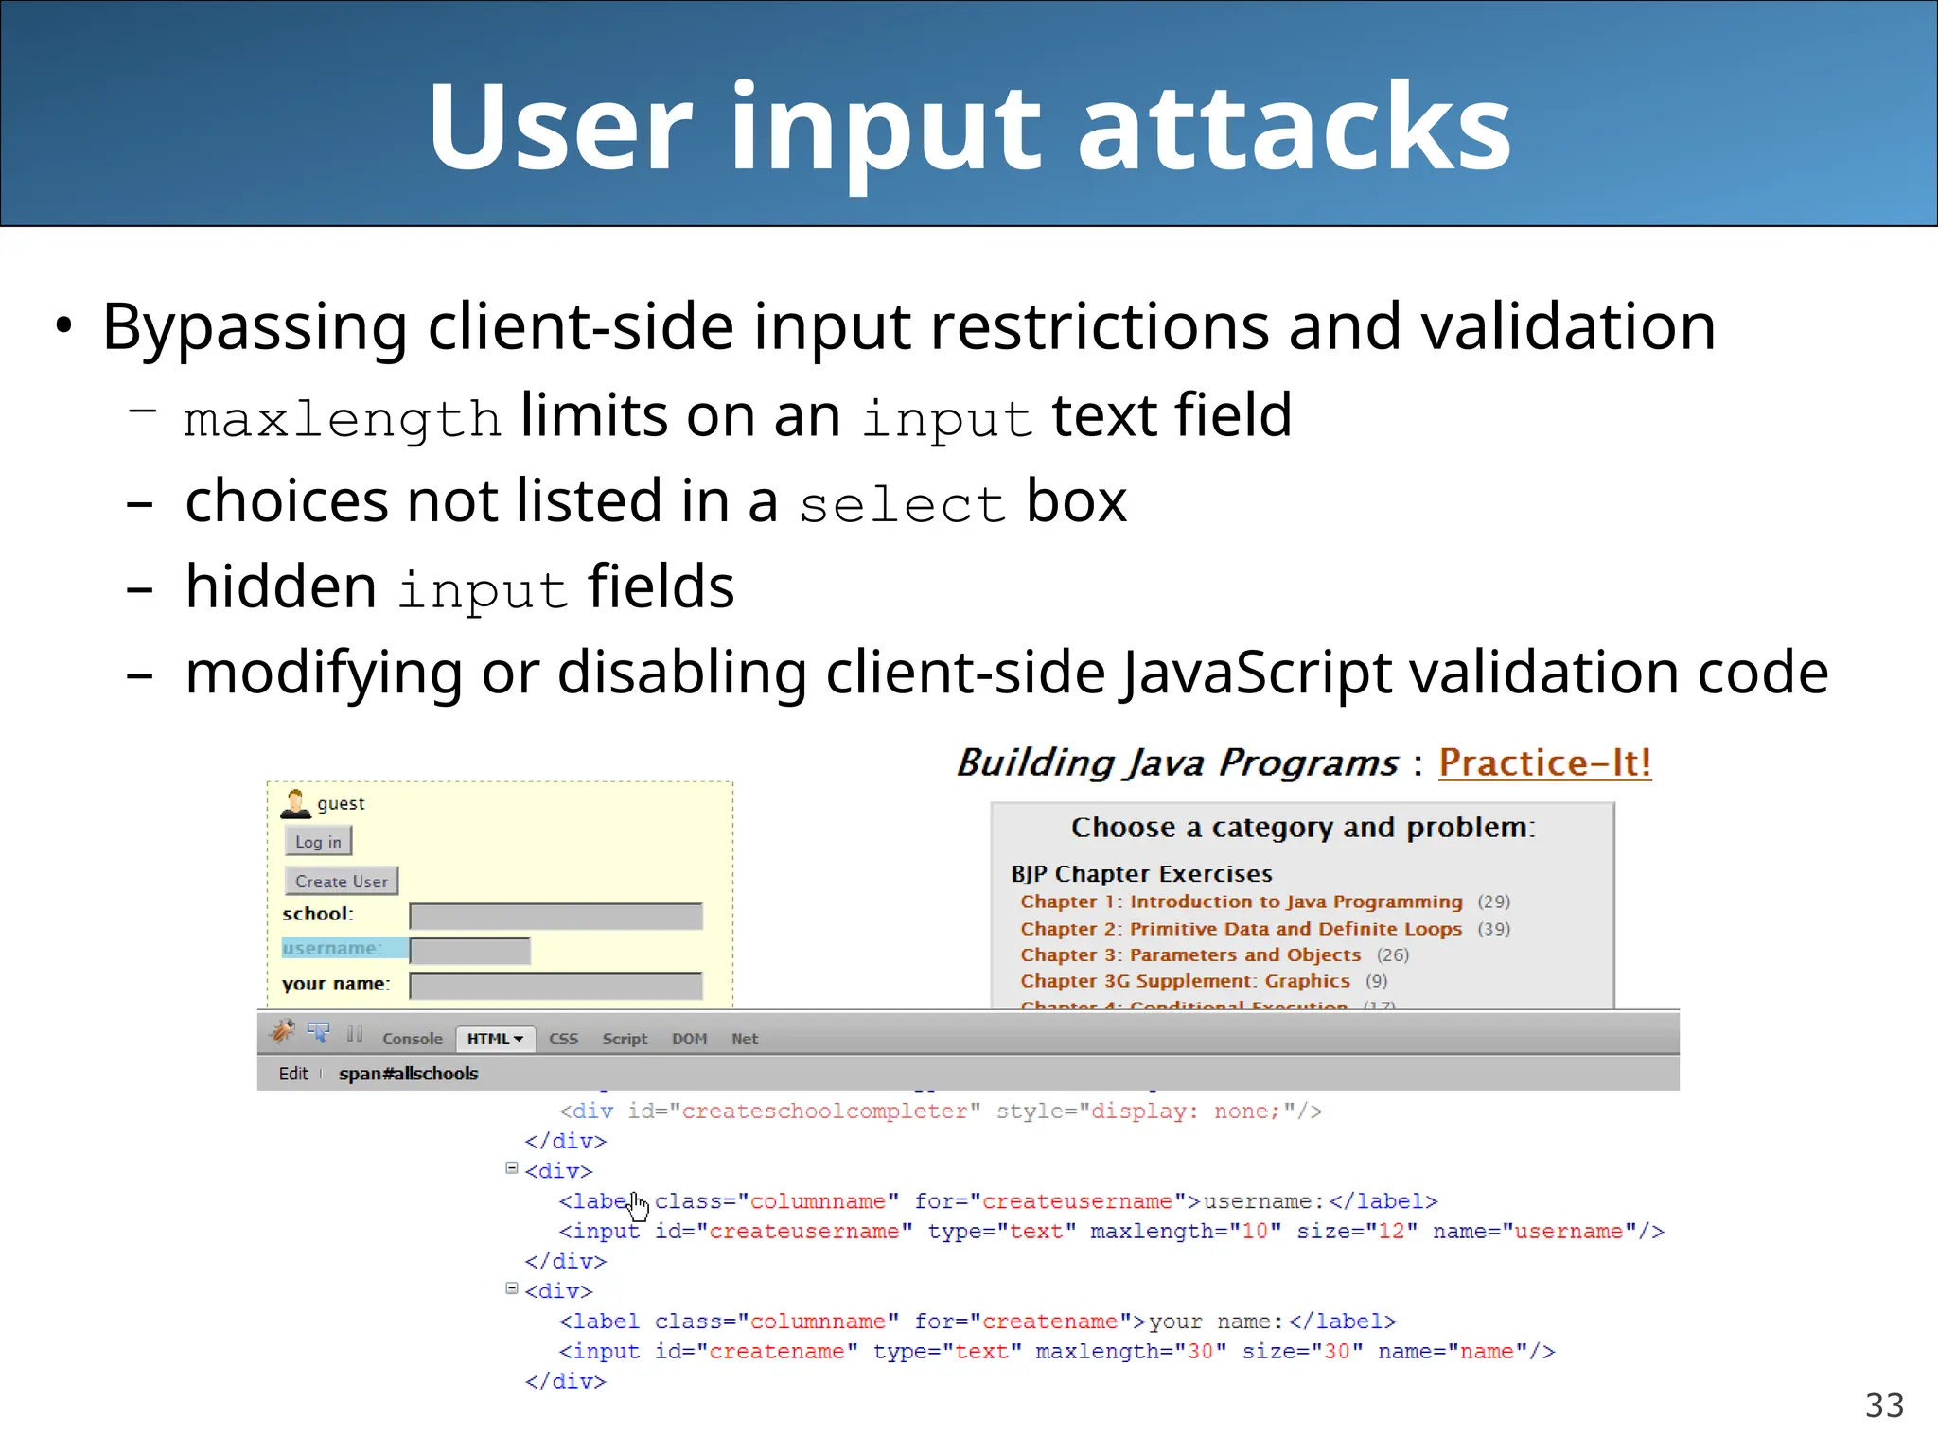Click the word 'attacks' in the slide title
coord(1294,128)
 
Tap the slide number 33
coord(1883,1406)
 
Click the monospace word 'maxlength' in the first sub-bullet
coord(343,419)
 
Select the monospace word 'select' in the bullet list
coord(902,504)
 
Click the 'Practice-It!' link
coord(1544,762)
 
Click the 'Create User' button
coord(341,882)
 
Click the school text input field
coord(555,916)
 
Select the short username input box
coord(469,950)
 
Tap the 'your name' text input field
coord(555,986)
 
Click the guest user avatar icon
coord(295,803)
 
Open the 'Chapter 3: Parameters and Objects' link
coord(1189,955)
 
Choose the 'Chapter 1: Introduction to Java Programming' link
coord(1241,902)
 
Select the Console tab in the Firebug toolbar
coord(412,1039)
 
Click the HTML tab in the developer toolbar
coord(494,1039)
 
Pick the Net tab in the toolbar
coord(744,1039)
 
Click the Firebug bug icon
coord(282,1032)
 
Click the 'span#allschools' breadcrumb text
coord(408,1074)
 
